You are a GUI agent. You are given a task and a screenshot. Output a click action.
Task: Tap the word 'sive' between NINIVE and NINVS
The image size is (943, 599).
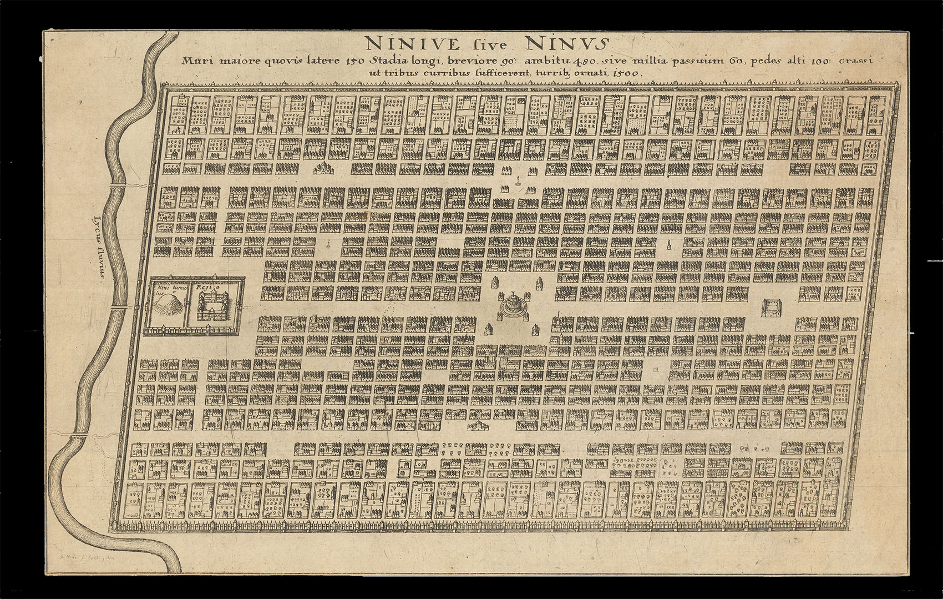[490, 44]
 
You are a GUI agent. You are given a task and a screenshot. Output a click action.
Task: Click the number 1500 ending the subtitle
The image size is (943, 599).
[626, 73]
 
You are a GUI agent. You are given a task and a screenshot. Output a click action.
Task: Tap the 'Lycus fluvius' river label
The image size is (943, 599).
[99, 249]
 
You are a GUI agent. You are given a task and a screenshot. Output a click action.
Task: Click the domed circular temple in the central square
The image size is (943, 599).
[513, 304]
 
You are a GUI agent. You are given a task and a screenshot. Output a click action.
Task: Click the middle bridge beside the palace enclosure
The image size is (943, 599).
[119, 306]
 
